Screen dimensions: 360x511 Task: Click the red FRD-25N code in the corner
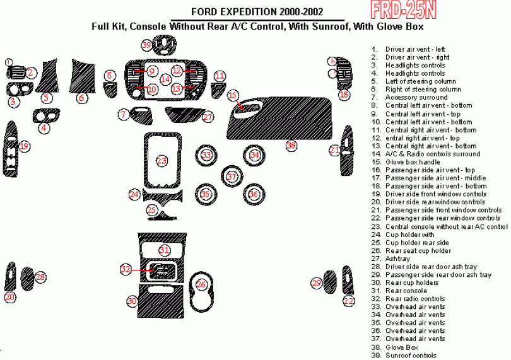pyautogui.click(x=404, y=11)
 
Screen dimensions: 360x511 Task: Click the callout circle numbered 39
pyautogui.click(x=147, y=45)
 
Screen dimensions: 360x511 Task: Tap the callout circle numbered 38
pyautogui.click(x=291, y=145)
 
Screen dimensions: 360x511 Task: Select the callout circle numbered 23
pyautogui.click(x=162, y=161)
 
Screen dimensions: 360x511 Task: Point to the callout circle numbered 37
pyautogui.click(x=232, y=177)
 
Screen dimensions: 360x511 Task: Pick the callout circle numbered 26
pyautogui.click(x=201, y=285)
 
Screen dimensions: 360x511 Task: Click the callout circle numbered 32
pyautogui.click(x=126, y=269)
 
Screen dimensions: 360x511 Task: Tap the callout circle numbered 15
pyautogui.click(x=233, y=96)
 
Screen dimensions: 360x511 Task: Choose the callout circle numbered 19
pyautogui.click(x=24, y=146)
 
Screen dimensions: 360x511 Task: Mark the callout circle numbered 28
pyautogui.click(x=40, y=277)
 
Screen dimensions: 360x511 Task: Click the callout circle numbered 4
pyautogui.click(x=44, y=128)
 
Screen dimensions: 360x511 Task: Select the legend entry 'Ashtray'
pyautogui.click(x=397, y=258)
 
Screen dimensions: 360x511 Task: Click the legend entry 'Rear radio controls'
pyautogui.click(x=415, y=299)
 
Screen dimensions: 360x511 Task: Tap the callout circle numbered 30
pyautogui.click(x=132, y=301)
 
